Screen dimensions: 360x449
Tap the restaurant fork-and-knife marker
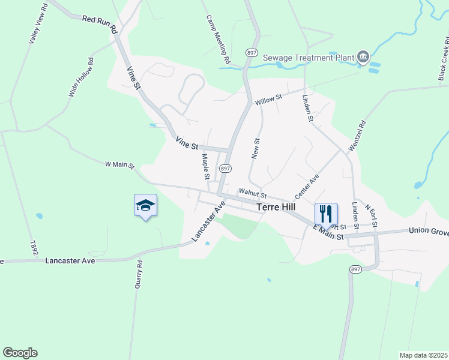pyautogui.click(x=326, y=213)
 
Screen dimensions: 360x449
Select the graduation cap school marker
pyautogui.click(x=145, y=206)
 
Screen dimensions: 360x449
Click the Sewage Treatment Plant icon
pyautogui.click(x=363, y=57)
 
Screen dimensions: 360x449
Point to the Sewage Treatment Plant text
pyautogui.click(x=312, y=58)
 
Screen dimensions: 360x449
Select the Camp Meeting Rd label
pyautogui.click(x=218, y=40)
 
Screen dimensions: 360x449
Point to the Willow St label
pyautogui.click(x=268, y=99)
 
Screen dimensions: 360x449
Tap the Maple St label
pyautogui.click(x=205, y=167)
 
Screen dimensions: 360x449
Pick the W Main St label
pyautogui.click(x=119, y=164)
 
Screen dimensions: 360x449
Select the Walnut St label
pyautogui.click(x=252, y=193)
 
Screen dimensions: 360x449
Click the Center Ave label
pyautogui.click(x=306, y=188)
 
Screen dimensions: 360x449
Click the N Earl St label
pyautogui.click(x=370, y=217)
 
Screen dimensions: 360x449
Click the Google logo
pyautogui.click(x=20, y=353)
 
